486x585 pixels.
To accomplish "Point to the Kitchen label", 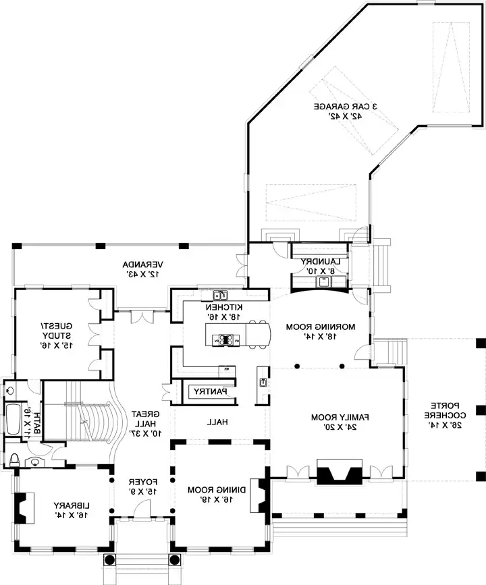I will coord(221,311).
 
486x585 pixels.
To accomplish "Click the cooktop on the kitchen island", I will coord(225,341).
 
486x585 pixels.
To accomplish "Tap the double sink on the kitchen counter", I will coord(219,295).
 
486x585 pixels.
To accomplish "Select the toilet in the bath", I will coord(15,460).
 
